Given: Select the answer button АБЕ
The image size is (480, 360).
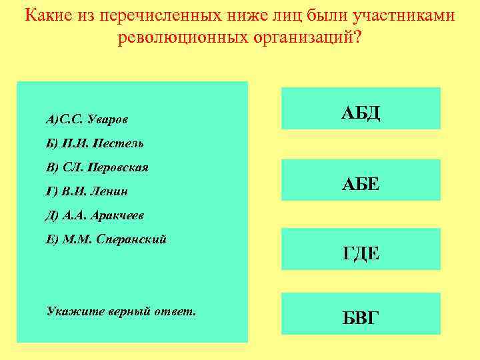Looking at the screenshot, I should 361,180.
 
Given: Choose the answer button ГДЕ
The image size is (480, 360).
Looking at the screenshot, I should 361,251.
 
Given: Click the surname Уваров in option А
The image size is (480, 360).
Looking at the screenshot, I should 107,120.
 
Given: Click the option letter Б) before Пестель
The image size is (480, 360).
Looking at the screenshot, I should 52,143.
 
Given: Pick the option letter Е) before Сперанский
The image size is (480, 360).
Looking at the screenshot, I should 52,239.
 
